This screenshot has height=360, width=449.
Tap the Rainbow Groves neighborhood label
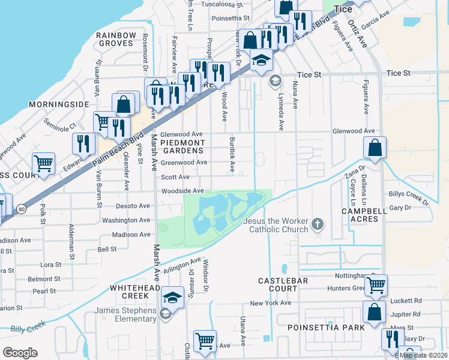[115, 40]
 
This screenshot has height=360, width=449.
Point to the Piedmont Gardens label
[182, 147]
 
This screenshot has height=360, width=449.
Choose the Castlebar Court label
[278, 284]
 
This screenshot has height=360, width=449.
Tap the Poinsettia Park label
[325, 328]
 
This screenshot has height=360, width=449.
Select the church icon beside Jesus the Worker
[318, 226]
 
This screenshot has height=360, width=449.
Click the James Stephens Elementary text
[125, 314]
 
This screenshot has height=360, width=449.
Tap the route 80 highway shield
[22, 209]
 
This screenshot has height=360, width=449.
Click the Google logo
[20, 352]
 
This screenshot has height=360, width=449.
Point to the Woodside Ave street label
[182, 191]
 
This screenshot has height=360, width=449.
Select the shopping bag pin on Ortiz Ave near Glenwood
[375, 148]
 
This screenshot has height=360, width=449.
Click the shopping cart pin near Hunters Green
[376, 285]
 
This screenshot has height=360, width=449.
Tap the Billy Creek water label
[28, 329]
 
